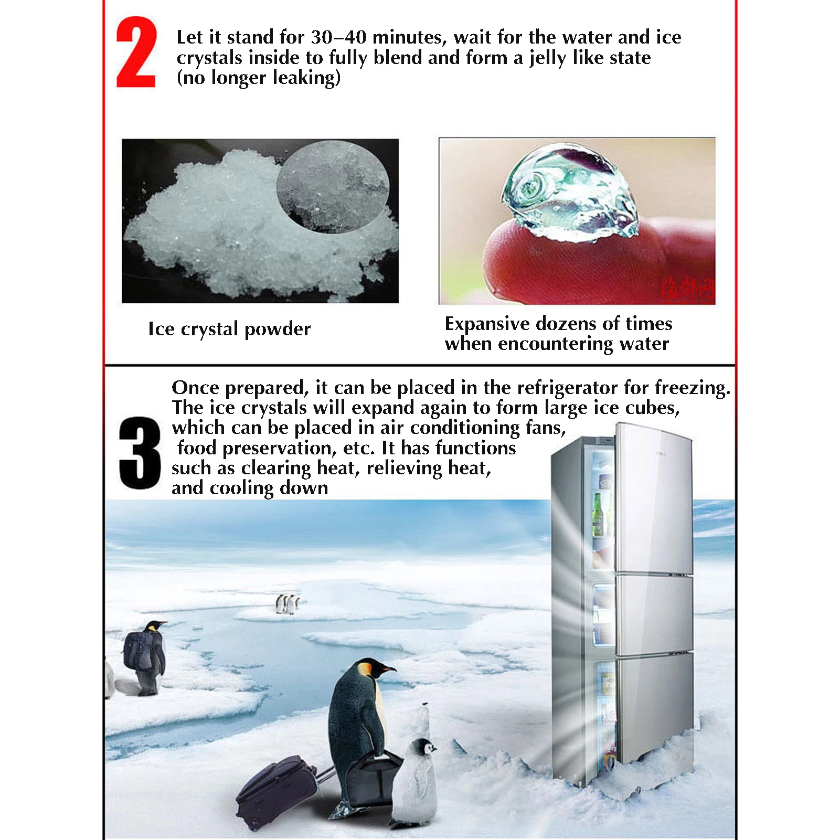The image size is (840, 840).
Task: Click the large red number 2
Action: tap(136, 52)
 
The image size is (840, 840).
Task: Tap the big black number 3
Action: tap(140, 453)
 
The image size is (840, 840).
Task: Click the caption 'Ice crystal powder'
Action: tap(229, 329)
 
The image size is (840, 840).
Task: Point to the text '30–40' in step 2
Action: tap(338, 37)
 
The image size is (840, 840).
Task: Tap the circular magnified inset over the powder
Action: tap(333, 186)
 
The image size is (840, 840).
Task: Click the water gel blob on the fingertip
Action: tap(569, 194)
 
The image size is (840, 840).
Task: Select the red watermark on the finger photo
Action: tap(687, 289)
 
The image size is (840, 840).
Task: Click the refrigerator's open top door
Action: tap(653, 498)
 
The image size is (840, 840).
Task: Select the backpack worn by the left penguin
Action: tap(137, 651)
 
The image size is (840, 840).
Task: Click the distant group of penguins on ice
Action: tap(288, 604)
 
